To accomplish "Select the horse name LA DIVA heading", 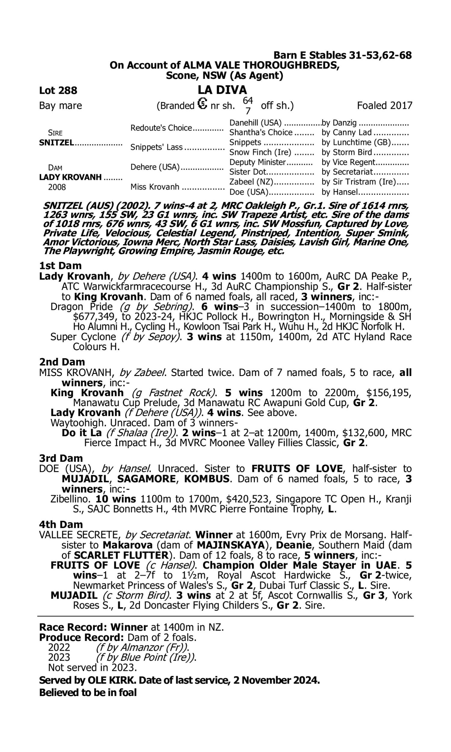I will (x=222, y=90).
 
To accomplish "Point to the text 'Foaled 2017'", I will (x=384, y=106).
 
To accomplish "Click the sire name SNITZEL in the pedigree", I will (x=57, y=143).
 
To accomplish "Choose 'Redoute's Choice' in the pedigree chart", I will (x=161, y=128).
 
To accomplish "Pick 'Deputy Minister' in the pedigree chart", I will (x=257, y=162).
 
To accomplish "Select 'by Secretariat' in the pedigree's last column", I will (x=347, y=172).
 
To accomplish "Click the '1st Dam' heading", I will (x=60, y=266).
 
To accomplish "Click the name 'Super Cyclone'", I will (x=83, y=337).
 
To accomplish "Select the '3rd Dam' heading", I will (x=61, y=458).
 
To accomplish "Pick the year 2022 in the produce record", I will (x=59, y=647).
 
